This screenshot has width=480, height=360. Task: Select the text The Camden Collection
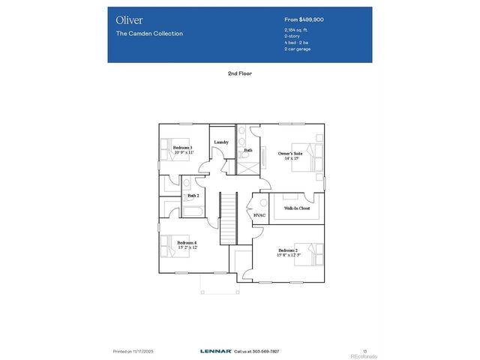[x=149, y=34]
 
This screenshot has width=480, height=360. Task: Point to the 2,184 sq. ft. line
[x=297, y=30]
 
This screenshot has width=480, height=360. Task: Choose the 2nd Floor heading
[x=240, y=74]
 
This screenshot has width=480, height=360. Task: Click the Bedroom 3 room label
[x=183, y=148]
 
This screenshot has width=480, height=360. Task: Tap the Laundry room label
[x=221, y=142]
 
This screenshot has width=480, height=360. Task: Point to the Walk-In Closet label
[x=297, y=208]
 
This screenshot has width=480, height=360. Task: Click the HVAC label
[x=259, y=215]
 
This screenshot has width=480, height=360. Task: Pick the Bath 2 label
[x=193, y=195]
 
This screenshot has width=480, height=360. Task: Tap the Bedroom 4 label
[x=187, y=242]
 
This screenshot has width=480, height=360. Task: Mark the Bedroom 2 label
[x=288, y=250]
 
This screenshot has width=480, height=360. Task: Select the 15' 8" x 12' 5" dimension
[x=288, y=256]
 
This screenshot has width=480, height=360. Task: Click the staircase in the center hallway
[x=227, y=217]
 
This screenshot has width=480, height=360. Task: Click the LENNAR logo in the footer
[x=216, y=350]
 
